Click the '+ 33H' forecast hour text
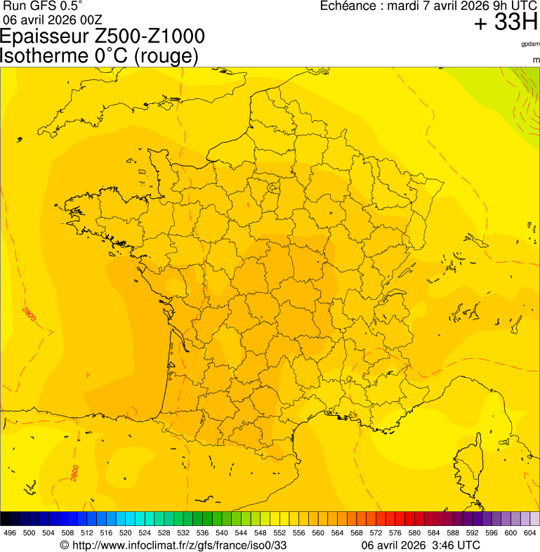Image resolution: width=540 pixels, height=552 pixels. coord(506,22)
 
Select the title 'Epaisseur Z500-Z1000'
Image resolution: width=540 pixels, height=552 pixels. coord(103,37)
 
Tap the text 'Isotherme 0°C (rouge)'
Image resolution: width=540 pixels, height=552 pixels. coord(100,55)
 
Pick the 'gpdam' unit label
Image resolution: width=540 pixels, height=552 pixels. coord(530,44)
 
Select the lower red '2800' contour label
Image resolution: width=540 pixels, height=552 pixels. coord(75,473)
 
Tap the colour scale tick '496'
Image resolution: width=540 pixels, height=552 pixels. coord(10,533)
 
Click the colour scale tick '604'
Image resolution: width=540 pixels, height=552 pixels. coord(530,533)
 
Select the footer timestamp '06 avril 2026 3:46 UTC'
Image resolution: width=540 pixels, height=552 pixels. coord(421,545)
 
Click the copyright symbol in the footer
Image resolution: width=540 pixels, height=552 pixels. coord(65,546)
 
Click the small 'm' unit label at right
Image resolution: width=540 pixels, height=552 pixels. coord(536,60)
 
